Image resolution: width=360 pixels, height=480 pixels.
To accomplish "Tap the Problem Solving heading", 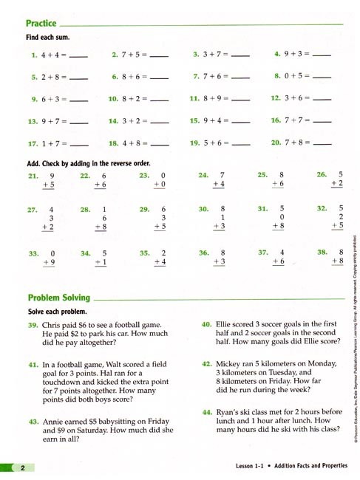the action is click(x=58, y=298).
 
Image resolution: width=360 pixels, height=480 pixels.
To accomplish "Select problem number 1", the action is click(x=34, y=55).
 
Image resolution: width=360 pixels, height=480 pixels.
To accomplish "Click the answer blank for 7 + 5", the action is click(x=159, y=55).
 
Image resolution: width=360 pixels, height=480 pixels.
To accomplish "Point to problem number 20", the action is click(x=276, y=142).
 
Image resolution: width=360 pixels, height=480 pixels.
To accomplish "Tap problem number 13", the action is click(x=33, y=121).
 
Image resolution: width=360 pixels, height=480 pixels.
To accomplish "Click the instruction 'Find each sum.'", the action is click(x=45, y=37).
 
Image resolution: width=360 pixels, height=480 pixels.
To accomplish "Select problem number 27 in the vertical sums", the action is click(x=32, y=210).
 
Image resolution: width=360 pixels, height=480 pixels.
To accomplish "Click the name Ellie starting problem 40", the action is click(x=227, y=323).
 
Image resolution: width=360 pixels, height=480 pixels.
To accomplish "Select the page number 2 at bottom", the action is click(x=23, y=469).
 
